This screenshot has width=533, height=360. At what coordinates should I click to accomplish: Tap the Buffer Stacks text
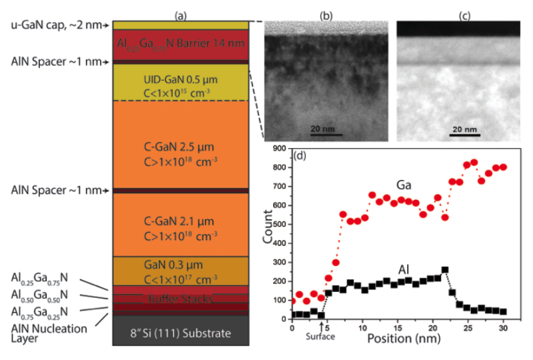tap(180, 299)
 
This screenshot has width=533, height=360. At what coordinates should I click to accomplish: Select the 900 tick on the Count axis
tap(280, 149)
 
